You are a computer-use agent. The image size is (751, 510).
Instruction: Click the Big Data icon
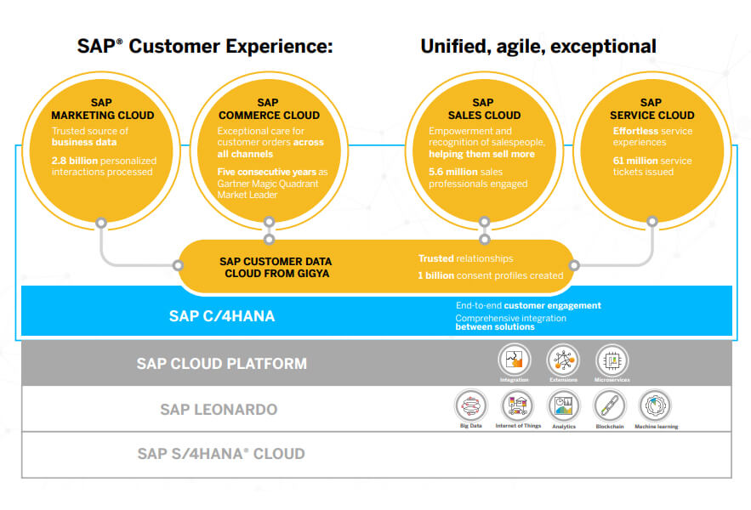(470, 405)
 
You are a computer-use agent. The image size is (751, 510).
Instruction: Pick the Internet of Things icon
(517, 405)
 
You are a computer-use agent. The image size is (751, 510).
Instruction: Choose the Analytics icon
(563, 405)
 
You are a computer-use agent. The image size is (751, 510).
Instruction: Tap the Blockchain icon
(609, 405)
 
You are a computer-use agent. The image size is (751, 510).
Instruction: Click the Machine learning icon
(656, 405)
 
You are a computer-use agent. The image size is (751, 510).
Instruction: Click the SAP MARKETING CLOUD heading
(102, 109)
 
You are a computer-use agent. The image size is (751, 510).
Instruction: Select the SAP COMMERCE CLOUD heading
(268, 109)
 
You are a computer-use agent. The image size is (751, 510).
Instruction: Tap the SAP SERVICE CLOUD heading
(651, 109)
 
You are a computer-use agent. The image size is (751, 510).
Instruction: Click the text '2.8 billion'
(74, 160)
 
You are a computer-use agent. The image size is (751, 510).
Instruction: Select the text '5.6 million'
(453, 172)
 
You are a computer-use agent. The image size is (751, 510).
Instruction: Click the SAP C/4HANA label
(221, 316)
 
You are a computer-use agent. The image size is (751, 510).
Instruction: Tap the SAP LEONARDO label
(219, 410)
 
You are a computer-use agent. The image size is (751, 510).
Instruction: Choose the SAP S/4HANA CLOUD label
(221, 454)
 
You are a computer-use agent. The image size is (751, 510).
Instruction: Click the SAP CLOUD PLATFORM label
(221, 364)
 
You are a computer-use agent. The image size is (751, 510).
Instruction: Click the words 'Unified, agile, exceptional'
(538, 46)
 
